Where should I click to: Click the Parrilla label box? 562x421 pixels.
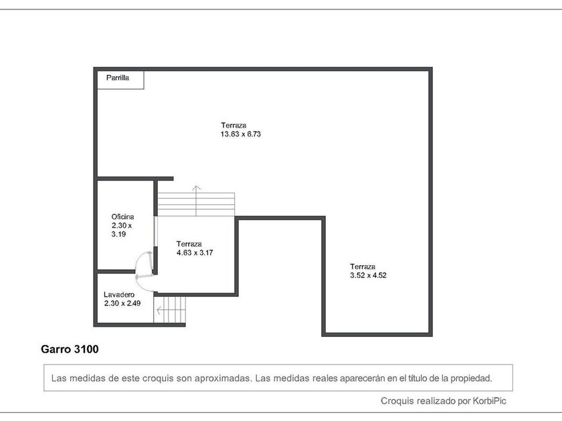(x=121, y=80)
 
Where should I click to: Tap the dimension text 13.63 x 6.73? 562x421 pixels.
(x=240, y=134)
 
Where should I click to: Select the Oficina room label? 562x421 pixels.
(x=122, y=217)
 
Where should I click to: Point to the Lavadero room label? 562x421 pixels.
(x=119, y=295)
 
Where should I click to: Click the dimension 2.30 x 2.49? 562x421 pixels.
(x=122, y=303)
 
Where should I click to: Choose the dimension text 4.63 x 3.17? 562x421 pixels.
(x=195, y=253)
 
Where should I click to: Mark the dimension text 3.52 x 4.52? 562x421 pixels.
(x=368, y=275)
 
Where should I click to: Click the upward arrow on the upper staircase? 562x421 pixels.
(x=196, y=200)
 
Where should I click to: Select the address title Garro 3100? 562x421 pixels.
(x=70, y=349)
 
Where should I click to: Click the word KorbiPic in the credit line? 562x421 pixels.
(x=489, y=401)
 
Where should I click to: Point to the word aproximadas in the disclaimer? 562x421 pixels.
(x=222, y=378)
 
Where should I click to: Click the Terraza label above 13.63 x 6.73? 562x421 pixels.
(x=233, y=126)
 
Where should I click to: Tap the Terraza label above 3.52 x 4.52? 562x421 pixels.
(x=363, y=267)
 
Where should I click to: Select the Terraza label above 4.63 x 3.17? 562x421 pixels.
(x=189, y=244)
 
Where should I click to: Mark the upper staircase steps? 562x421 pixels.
(x=196, y=204)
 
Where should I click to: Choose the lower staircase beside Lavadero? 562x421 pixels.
(x=169, y=309)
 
